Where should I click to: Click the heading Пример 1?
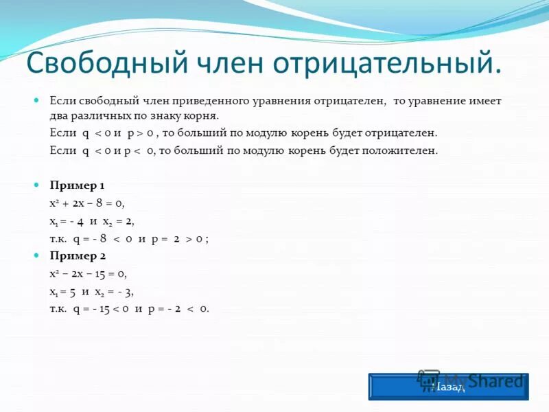click(x=77, y=185)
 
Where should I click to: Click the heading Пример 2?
click(x=77, y=256)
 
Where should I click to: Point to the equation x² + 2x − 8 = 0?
click(x=87, y=203)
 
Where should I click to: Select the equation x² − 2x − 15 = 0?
click(x=89, y=273)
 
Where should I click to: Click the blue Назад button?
click(x=449, y=387)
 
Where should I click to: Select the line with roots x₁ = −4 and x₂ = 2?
click(x=92, y=221)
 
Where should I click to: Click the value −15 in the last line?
click(x=104, y=309)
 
